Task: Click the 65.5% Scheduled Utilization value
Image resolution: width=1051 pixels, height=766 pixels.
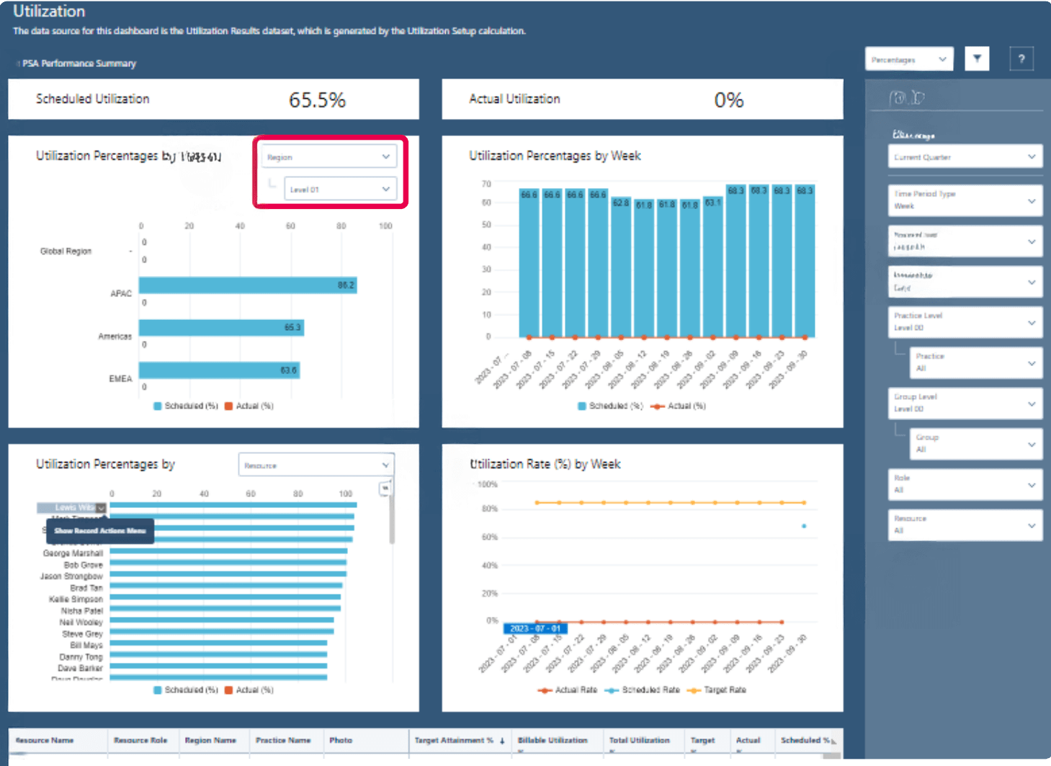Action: [x=317, y=100]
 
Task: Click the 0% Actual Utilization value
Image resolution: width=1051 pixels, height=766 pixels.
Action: [x=728, y=100]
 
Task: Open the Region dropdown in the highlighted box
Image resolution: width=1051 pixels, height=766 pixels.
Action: [x=329, y=157]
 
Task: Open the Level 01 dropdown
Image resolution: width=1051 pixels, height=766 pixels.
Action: [x=340, y=190]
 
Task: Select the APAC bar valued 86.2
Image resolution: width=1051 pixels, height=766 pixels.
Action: [x=248, y=285]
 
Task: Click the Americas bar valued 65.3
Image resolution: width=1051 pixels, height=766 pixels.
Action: [x=221, y=328]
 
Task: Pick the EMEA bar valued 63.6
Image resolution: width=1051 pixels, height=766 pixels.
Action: [x=219, y=370]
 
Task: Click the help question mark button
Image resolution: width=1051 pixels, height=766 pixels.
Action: [x=1021, y=59]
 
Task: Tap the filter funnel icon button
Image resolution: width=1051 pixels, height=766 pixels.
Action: [x=977, y=59]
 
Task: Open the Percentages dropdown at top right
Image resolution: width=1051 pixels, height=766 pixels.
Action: [x=909, y=60]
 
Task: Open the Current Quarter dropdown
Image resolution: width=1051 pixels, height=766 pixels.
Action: [x=965, y=157]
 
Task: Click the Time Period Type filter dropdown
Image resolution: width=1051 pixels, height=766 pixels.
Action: [x=965, y=200]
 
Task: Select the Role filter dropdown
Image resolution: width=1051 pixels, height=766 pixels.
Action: [x=965, y=484]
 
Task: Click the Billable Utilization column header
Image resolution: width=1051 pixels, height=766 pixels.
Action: [x=553, y=740]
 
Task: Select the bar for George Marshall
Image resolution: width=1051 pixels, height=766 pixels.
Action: [x=228, y=552]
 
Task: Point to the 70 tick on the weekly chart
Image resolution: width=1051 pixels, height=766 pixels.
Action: [x=486, y=184]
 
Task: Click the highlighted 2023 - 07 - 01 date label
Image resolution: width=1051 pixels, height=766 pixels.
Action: [x=535, y=629]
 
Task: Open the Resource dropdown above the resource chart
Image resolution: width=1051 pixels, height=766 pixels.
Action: [x=316, y=466]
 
